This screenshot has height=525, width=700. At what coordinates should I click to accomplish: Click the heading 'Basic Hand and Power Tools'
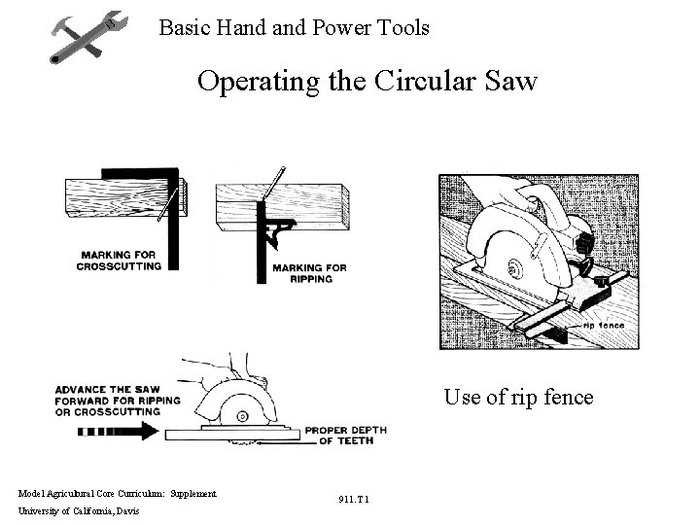294,27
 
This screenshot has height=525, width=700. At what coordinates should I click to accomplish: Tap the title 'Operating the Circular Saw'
367,81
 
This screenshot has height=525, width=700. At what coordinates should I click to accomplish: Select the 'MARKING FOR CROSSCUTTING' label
121,260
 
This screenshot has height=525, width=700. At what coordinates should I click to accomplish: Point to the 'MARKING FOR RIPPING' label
309,272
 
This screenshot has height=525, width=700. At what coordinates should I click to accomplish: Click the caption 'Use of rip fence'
518,397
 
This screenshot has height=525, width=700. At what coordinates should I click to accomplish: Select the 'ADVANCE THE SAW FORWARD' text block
107,401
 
